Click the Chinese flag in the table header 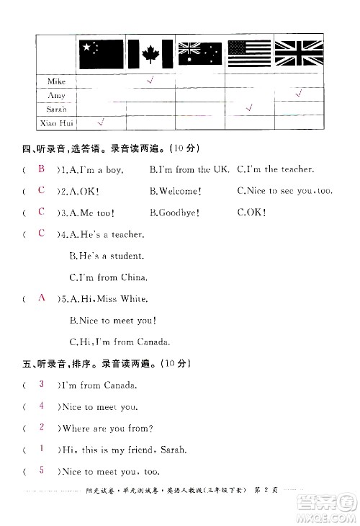click(x=100, y=54)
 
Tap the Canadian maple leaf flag click(x=150, y=54)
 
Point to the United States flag click(x=248, y=54)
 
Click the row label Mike click(x=56, y=82)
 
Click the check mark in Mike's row click(x=150, y=80)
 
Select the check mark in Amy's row click(x=298, y=94)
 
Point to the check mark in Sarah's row click(x=249, y=107)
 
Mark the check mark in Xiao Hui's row click(x=100, y=121)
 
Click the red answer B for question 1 click(x=42, y=169)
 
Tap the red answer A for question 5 click(x=42, y=298)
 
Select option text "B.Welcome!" click(x=175, y=192)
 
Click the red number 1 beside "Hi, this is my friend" click(x=42, y=449)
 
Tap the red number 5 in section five click(x=42, y=471)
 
